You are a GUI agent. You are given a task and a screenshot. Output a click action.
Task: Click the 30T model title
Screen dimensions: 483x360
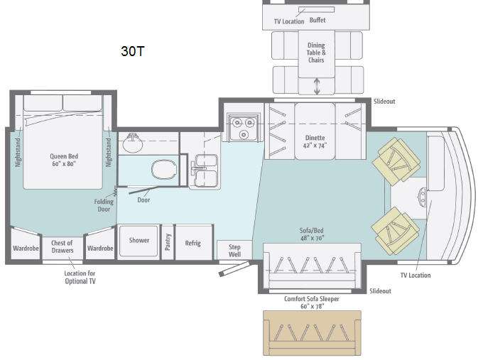click(x=132, y=51)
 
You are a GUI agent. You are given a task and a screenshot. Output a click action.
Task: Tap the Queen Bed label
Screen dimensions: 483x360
click(x=64, y=160)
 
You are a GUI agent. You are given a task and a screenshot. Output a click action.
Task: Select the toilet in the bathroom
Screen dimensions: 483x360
click(x=164, y=170)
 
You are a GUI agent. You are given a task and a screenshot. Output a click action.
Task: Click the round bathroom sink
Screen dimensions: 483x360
click(x=133, y=142)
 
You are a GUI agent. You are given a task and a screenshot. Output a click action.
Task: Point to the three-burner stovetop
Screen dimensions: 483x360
click(x=244, y=127)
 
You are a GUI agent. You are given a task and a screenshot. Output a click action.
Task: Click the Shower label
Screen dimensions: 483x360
click(x=139, y=240)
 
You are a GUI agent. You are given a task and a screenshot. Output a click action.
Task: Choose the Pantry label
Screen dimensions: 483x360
click(x=168, y=242)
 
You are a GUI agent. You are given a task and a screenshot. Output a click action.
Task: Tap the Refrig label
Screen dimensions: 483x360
click(x=192, y=243)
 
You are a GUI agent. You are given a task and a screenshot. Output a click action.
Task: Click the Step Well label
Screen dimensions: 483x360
click(x=234, y=251)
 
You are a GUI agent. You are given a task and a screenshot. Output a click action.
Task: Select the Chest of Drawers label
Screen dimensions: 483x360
click(x=63, y=246)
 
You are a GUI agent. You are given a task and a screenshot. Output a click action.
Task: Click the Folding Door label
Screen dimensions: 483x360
click(x=104, y=205)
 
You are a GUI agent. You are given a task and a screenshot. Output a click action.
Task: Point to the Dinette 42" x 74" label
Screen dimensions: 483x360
click(x=315, y=141)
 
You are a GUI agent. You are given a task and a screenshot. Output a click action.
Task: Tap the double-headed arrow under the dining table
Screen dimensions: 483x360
click(x=317, y=87)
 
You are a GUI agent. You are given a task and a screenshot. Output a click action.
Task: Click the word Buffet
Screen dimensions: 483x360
click(x=318, y=21)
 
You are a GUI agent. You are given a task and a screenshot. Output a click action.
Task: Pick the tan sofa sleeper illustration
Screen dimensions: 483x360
click(x=312, y=333)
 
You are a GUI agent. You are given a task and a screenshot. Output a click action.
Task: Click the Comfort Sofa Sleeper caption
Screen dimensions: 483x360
click(x=312, y=302)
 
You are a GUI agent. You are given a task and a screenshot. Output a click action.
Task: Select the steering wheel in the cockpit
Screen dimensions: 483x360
click(x=423, y=195)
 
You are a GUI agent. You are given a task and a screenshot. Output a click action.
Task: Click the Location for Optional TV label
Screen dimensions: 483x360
click(x=80, y=277)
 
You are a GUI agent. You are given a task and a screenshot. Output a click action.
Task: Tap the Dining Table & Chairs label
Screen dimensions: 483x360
click(x=316, y=53)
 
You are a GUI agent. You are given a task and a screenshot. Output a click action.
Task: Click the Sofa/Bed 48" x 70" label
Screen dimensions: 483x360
click(x=312, y=234)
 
